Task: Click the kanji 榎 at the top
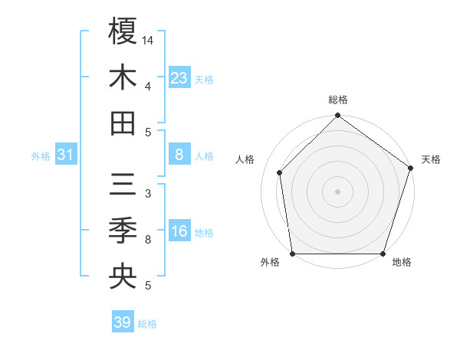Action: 123,31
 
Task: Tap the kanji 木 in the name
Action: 123,77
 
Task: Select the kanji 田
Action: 123,123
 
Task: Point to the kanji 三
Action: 123,185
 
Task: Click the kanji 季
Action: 123,231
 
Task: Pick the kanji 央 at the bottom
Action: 123,277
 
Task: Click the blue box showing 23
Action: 179,77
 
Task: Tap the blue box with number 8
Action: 179,155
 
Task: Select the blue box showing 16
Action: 179,231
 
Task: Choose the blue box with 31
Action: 65,155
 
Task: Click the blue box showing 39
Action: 123,322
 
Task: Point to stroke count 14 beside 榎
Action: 149,40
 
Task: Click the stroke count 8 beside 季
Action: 148,240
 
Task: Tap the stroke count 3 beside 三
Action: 148,194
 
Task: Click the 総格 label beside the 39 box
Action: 147,324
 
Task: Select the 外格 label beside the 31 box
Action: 41,156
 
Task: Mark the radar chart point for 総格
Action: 337,116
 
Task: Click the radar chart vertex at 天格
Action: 410,169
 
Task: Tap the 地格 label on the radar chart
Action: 402,263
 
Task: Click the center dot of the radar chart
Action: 337,191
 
